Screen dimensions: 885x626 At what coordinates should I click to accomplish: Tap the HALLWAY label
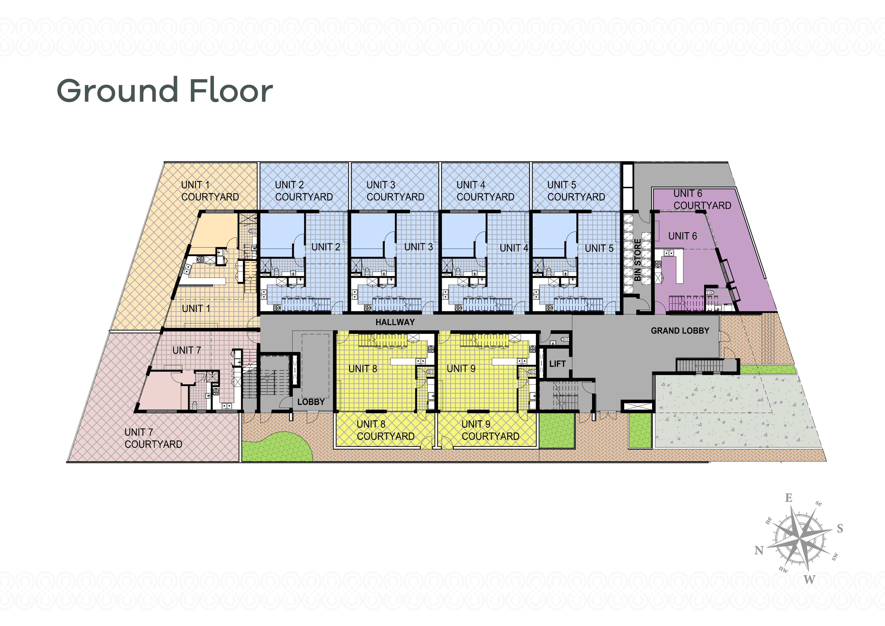[395, 322]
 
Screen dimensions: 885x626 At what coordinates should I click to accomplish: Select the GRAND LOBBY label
[680, 331]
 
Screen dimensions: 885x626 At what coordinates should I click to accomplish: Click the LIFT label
[557, 364]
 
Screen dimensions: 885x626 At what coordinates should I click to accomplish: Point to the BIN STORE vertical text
[638, 260]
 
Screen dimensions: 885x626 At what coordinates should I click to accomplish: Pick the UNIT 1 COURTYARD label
[210, 191]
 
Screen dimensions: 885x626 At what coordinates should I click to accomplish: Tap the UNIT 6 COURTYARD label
[702, 199]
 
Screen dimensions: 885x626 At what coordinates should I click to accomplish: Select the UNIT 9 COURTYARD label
[490, 430]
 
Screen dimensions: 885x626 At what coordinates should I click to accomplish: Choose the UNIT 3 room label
[419, 247]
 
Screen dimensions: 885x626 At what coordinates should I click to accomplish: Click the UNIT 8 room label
[363, 369]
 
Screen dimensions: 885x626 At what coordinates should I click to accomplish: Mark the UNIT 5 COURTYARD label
[576, 191]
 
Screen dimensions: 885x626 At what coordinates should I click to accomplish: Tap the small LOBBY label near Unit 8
[311, 402]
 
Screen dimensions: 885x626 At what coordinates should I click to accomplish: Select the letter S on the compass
[840, 528]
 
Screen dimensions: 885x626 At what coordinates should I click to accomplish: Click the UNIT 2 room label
[326, 247]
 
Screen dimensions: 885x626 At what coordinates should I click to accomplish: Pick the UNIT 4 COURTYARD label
[485, 191]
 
